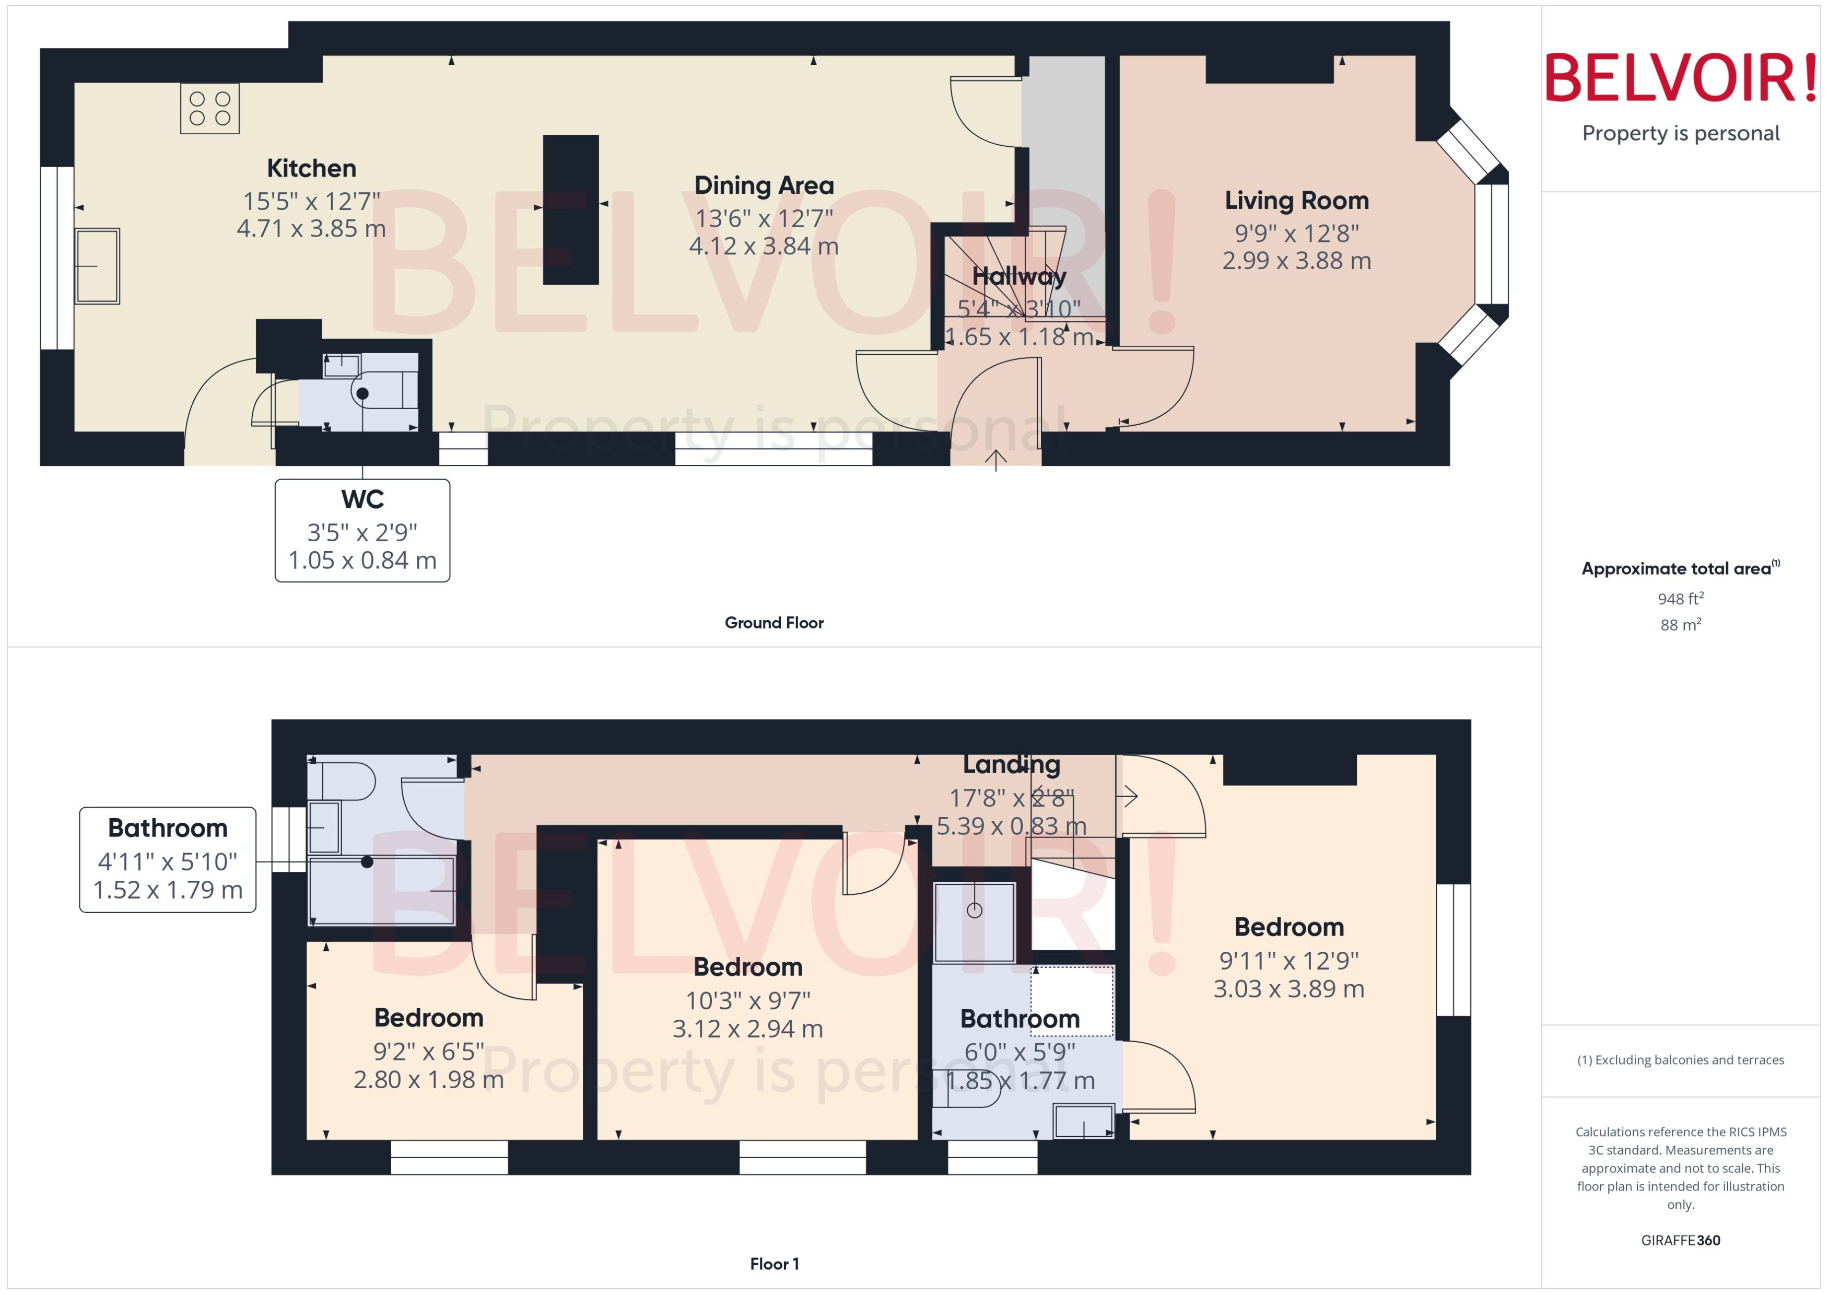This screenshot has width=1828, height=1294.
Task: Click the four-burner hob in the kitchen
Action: pyautogui.click(x=209, y=108)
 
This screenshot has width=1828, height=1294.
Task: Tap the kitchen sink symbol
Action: pyautogui.click(x=97, y=266)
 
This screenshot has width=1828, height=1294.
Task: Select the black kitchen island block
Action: pyautogui.click(x=570, y=209)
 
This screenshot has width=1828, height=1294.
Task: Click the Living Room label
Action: pyautogui.click(x=1296, y=200)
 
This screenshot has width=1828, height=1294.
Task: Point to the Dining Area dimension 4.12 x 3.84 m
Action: pyautogui.click(x=763, y=246)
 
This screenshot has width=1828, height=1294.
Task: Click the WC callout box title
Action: pyautogui.click(x=362, y=499)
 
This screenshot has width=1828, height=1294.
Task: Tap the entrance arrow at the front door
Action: pyautogui.click(x=995, y=460)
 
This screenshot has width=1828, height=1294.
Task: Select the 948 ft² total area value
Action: pyautogui.click(x=1680, y=598)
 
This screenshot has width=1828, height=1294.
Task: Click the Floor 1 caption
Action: pyautogui.click(x=774, y=1264)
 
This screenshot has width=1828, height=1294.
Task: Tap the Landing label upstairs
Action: pyautogui.click(x=1011, y=764)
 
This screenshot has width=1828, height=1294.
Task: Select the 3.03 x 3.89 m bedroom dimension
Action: pyautogui.click(x=1288, y=989)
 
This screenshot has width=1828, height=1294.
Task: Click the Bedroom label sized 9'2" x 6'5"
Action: pyautogui.click(x=428, y=1018)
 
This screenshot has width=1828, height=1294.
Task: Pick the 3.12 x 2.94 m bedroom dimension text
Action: pyautogui.click(x=747, y=1029)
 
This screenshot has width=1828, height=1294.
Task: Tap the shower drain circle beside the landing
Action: pyautogui.click(x=974, y=910)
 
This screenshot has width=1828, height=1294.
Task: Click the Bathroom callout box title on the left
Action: pyautogui.click(x=167, y=828)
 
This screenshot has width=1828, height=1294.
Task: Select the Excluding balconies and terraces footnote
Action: pyautogui.click(x=1680, y=1060)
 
